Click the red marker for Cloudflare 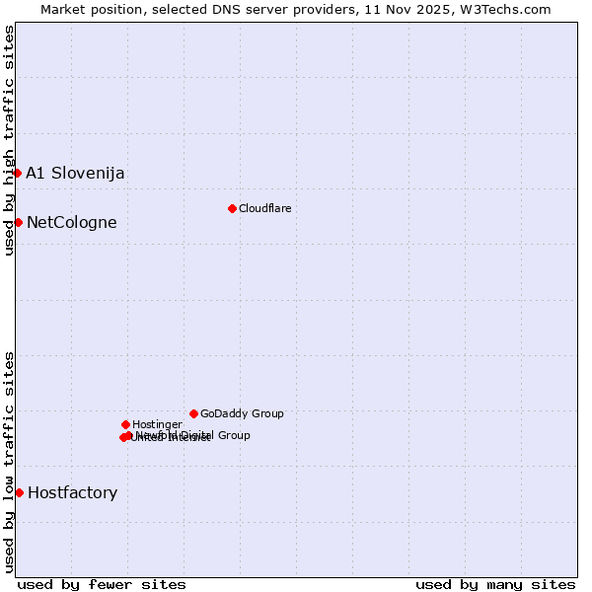click(232, 208)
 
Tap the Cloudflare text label click(264, 208)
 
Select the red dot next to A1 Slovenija click(17, 174)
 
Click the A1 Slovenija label click(75, 174)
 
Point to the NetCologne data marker click(18, 222)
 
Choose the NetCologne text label click(71, 223)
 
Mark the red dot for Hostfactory click(19, 492)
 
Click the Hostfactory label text click(72, 493)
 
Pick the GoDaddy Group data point click(193, 413)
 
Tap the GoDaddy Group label click(242, 414)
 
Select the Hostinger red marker click(125, 424)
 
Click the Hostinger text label click(157, 425)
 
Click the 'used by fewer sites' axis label click(102, 584)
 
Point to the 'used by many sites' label click(495, 584)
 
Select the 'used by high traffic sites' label click(9, 140)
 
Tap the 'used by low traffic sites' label click(9, 461)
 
